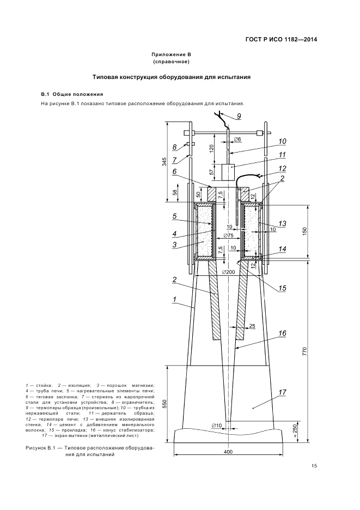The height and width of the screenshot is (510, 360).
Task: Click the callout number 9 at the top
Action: [x=239, y=117]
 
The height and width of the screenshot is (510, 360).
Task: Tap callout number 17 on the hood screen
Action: [x=282, y=392]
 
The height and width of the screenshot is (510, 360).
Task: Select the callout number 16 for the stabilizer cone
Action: [x=282, y=333]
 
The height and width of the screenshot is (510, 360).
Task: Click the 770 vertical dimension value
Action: [x=304, y=352]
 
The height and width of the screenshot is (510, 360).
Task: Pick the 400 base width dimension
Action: [x=228, y=452]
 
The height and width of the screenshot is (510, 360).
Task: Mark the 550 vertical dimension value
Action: [x=164, y=404]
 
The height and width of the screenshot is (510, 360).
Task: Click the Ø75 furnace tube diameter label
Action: [x=229, y=236]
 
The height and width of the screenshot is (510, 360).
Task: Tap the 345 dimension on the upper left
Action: [x=164, y=161]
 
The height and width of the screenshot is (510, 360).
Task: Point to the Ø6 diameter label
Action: [x=237, y=139]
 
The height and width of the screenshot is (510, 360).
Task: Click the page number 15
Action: [x=314, y=466]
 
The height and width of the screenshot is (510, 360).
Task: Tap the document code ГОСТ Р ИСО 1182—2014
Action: [x=281, y=40]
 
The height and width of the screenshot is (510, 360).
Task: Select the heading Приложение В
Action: [x=171, y=54]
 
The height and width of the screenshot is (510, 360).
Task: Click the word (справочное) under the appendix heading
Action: [x=171, y=62]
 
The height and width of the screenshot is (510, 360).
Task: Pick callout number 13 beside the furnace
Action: [x=282, y=223]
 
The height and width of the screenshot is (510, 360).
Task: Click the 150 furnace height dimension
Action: [x=304, y=231]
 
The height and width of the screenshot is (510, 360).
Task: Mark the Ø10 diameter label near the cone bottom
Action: [x=216, y=425]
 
